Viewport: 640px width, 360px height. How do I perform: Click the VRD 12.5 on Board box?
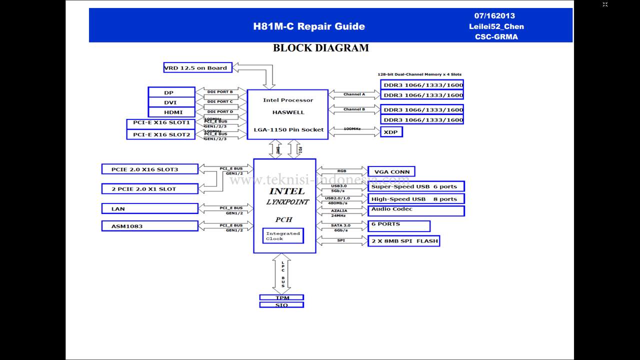(x=197, y=67)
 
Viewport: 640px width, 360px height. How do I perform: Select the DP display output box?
(x=171, y=92)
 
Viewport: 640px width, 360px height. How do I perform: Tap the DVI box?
(x=171, y=102)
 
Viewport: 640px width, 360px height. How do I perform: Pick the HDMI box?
(x=171, y=112)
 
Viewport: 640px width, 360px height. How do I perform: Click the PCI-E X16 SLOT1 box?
(x=160, y=123)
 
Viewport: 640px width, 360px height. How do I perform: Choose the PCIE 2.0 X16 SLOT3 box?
(x=149, y=169)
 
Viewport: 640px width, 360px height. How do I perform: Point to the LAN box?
(x=149, y=208)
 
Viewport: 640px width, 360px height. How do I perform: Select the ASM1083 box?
(x=149, y=226)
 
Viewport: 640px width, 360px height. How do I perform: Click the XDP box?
(x=391, y=132)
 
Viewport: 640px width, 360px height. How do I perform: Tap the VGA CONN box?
(x=391, y=171)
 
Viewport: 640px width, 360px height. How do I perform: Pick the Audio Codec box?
(x=416, y=210)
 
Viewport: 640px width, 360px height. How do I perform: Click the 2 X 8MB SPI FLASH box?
(x=403, y=241)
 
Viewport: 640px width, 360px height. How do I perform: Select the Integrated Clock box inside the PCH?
(x=283, y=236)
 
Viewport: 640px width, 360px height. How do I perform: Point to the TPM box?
(x=281, y=297)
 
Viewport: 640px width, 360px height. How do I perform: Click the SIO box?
(x=281, y=305)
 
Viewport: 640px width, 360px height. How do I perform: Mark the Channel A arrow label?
(x=354, y=94)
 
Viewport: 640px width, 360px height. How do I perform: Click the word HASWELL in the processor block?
(x=288, y=112)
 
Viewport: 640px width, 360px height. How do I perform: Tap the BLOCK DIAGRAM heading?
(x=320, y=48)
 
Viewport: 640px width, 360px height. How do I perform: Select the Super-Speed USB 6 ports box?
(x=416, y=186)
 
